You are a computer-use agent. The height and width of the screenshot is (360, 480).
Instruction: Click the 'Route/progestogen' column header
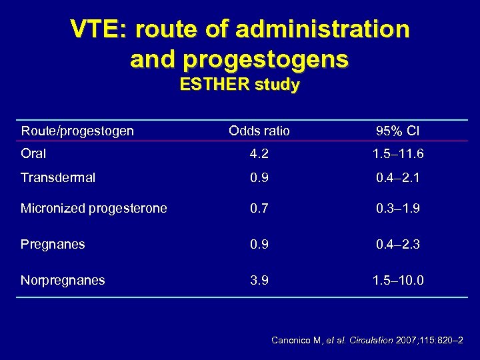point(77,131)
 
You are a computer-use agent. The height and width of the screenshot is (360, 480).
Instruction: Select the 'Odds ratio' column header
point(259,131)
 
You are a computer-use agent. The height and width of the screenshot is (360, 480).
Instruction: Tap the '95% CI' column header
point(398,131)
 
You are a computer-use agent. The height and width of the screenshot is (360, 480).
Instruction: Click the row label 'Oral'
point(33,154)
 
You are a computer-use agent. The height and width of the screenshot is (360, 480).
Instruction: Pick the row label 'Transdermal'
point(58,178)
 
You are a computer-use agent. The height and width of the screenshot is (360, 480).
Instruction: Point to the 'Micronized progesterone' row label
point(94,209)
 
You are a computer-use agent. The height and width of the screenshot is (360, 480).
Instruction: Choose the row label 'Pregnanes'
point(53,245)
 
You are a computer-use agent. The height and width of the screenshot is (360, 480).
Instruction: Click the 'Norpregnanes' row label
point(63,281)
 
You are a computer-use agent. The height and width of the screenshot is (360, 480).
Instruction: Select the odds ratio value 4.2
point(259,154)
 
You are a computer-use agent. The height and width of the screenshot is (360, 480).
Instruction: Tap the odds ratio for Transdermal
point(259,178)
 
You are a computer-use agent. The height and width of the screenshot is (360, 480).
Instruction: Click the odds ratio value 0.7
point(259,209)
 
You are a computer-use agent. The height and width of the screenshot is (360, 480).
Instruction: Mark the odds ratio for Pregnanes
point(259,245)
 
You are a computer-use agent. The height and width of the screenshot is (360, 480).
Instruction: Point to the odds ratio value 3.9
point(259,281)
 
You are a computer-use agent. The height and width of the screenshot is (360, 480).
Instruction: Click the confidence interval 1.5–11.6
point(398,154)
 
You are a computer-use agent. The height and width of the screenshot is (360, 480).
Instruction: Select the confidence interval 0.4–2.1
point(398,178)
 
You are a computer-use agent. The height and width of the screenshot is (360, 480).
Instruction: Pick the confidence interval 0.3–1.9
point(398,209)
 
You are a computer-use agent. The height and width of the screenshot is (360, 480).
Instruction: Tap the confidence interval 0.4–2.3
point(398,245)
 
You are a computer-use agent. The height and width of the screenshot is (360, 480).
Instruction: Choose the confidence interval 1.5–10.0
point(398,281)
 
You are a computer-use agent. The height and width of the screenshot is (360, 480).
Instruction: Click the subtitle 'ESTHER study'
point(239,85)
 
